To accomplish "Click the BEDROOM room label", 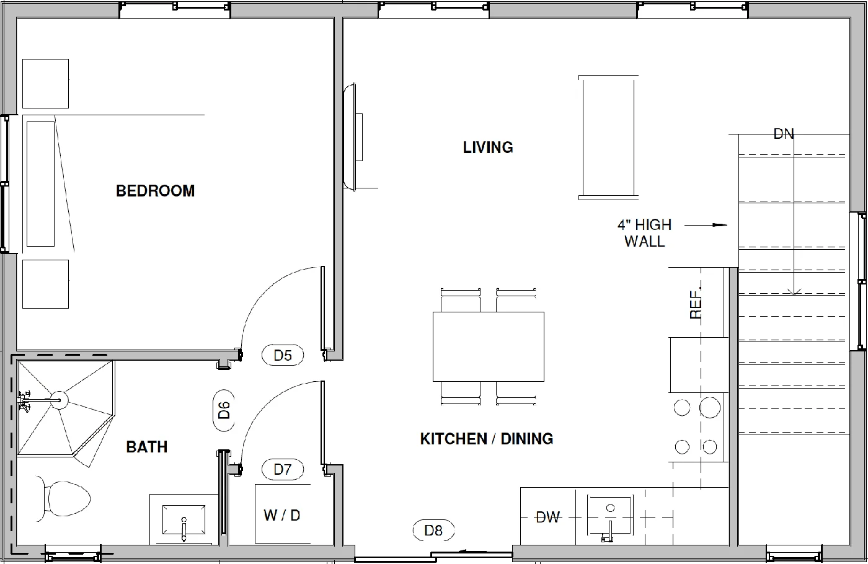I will click(155, 191).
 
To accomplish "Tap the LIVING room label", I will click(488, 148).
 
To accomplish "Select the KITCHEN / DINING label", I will click(486, 439).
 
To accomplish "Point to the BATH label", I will click(147, 447).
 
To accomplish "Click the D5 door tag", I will click(283, 355).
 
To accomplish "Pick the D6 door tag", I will click(224, 410).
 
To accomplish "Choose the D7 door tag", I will click(283, 469).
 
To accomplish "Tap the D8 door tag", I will click(433, 531).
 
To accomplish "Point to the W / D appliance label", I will click(282, 515).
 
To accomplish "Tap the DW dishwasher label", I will click(547, 517).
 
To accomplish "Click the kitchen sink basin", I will click(609, 515).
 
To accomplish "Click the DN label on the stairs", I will click(784, 133).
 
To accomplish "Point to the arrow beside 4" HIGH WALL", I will click(706, 225).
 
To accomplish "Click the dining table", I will click(488, 346).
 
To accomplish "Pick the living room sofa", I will click(608, 137).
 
